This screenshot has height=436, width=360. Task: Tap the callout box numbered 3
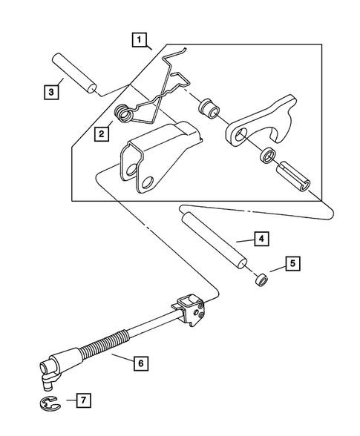coord(49,93)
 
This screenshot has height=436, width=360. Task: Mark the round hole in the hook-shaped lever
coord(240,136)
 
